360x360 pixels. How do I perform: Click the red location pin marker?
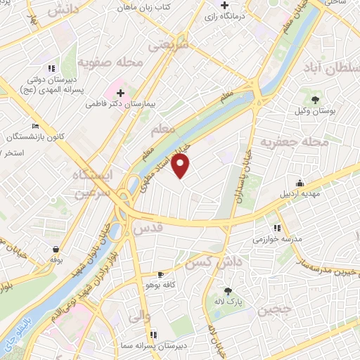pos(181,166)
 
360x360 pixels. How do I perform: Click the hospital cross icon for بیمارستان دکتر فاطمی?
pos(120,92)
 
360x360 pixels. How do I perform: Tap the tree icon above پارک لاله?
pos(227,290)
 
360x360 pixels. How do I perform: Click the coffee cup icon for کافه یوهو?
pos(161,274)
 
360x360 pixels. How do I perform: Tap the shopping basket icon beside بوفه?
pos(55,249)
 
